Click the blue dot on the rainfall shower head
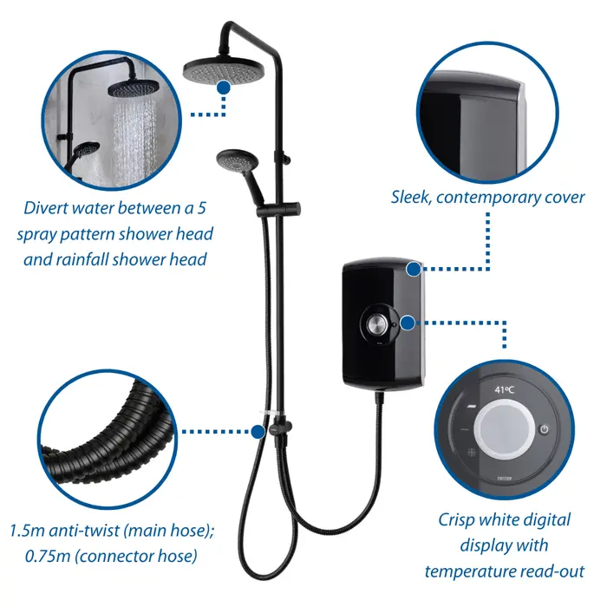click(x=224, y=88)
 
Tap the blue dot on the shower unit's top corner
click(x=414, y=269)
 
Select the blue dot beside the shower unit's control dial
click(x=408, y=323)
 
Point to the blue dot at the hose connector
click(x=258, y=432)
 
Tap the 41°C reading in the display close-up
click(x=504, y=389)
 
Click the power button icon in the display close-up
click(x=545, y=429)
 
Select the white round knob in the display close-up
click(x=505, y=429)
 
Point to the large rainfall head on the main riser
click(x=224, y=69)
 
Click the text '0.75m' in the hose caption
click(x=48, y=557)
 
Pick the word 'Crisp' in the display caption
click(x=456, y=520)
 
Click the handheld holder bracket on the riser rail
click(x=278, y=210)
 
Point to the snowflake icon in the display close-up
click(x=472, y=452)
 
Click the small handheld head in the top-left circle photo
click(x=87, y=149)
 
